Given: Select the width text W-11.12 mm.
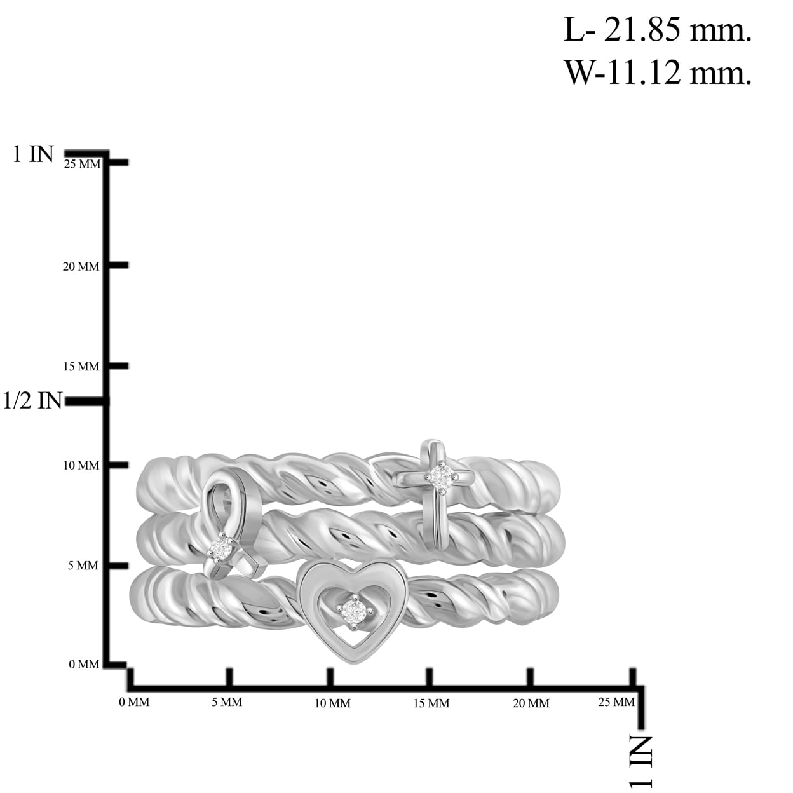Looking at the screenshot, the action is point(657,72).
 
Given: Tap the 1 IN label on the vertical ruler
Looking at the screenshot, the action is point(33,154).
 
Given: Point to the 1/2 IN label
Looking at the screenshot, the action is point(32,400).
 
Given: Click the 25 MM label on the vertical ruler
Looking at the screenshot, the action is point(83,164).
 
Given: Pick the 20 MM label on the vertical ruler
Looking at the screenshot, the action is point(81,267).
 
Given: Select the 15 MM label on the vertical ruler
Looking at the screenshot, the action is point(81,367).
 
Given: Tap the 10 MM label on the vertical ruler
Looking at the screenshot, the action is point(81,465).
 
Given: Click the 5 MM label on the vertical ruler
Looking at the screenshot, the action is point(83,566).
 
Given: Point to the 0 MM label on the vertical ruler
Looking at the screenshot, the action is point(84,664).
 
